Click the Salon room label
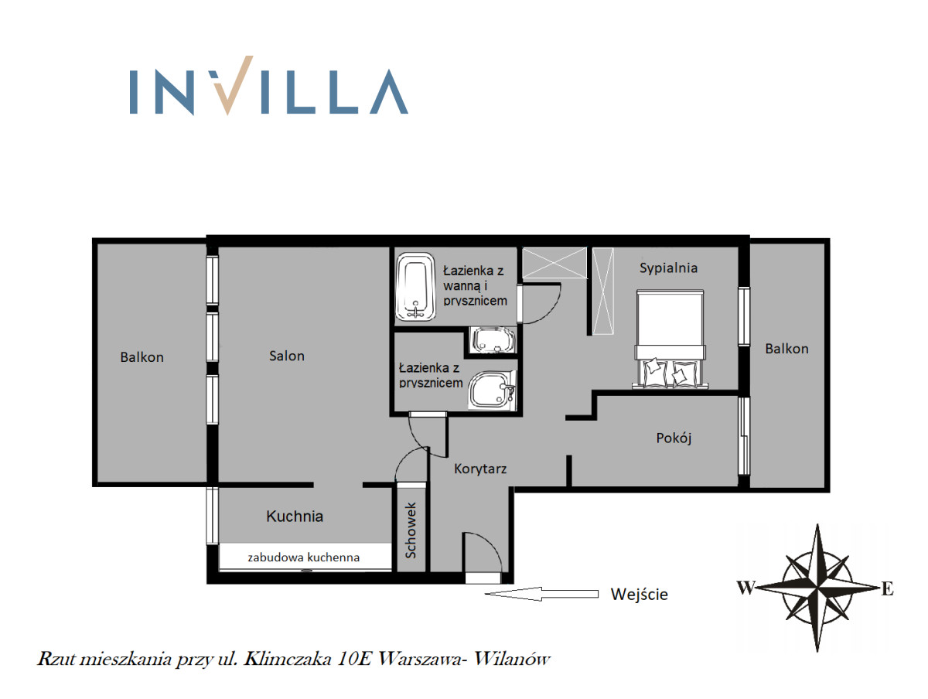(x=287, y=356)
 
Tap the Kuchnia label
(x=295, y=516)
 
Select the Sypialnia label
(x=668, y=268)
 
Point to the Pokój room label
(x=674, y=438)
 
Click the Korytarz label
(x=480, y=469)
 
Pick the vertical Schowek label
(x=411, y=530)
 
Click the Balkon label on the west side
(x=142, y=357)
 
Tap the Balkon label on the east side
(x=786, y=349)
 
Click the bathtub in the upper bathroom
(x=415, y=286)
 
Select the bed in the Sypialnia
(x=670, y=339)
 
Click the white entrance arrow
(x=541, y=594)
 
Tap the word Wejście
(x=640, y=595)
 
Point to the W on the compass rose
(x=745, y=588)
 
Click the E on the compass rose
(x=888, y=588)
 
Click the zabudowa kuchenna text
(x=304, y=557)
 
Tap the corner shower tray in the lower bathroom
(x=492, y=390)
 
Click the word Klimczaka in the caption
(x=287, y=659)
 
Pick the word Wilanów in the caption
(x=511, y=659)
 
